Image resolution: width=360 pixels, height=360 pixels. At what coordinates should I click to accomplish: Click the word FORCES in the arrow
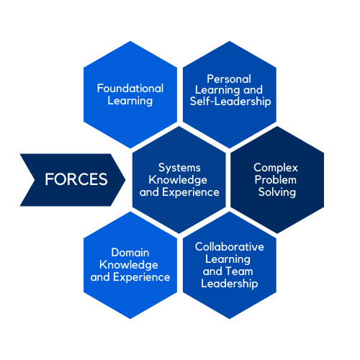76,179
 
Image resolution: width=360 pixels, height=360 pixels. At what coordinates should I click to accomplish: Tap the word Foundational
130,89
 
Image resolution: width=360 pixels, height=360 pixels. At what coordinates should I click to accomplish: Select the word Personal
229,79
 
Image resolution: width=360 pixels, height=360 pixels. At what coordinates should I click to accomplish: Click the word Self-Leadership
230,101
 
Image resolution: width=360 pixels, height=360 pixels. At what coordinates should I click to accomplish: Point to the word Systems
179,168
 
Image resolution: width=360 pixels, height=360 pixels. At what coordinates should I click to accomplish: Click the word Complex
276,168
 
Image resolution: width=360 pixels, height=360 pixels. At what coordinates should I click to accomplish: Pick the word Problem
276,180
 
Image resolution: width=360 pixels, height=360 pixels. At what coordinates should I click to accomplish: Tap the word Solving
277,192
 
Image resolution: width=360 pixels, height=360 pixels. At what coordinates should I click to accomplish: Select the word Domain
130,253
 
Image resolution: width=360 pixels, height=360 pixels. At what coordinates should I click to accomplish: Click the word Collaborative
230,247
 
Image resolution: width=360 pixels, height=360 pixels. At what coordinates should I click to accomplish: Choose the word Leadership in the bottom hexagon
230,284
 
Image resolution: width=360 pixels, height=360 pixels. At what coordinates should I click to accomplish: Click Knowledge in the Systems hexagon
178,180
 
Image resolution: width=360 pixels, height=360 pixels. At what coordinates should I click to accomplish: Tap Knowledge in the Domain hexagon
129,265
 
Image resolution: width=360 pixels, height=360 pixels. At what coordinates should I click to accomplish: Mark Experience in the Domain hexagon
142,277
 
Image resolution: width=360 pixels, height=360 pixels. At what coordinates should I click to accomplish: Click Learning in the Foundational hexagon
130,101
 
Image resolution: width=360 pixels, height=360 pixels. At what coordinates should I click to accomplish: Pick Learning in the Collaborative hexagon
228,259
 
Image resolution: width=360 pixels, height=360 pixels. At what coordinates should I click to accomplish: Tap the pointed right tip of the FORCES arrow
125,179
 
